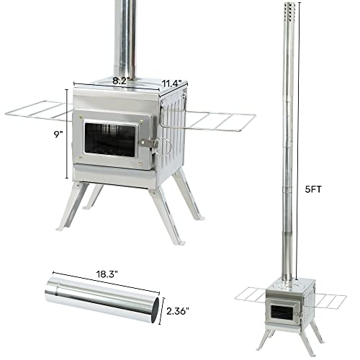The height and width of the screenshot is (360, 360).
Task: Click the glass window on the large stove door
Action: coord(110,139)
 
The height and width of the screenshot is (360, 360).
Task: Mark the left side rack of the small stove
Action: coord(252,295)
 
